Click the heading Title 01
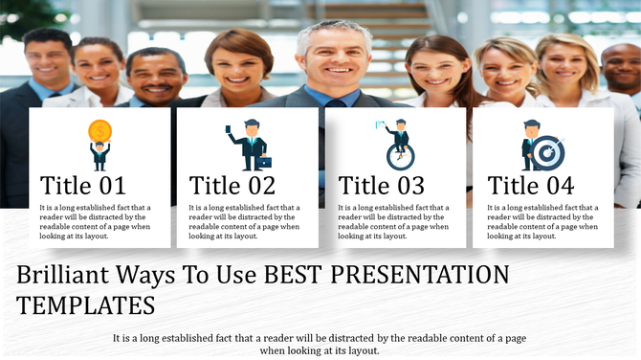coord(83,186)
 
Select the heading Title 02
coord(232,186)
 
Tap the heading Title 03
coord(382,186)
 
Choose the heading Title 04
coord(531,186)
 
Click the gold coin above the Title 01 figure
coord(99,131)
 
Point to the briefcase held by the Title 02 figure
coord(263,161)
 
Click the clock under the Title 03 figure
coord(399,157)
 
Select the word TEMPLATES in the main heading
coord(86,306)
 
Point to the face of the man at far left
coord(48,59)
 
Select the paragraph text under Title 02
coord(245,221)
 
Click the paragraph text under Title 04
coord(542,221)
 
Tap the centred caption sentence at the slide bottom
coord(320,345)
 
